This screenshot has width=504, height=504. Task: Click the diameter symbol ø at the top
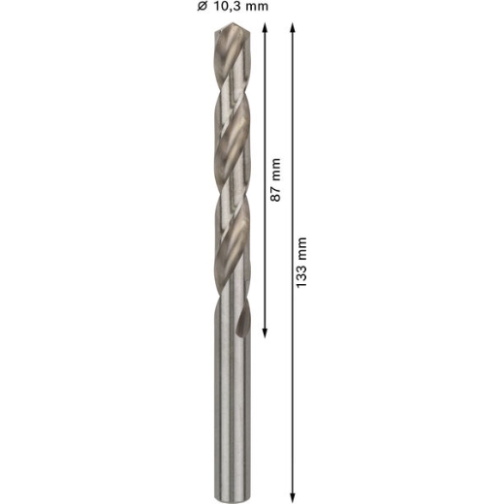pyautogui.click(x=202, y=6)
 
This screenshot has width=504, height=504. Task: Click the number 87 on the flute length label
pyautogui.click(x=275, y=194)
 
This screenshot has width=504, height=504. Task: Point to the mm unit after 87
pyautogui.click(x=275, y=170)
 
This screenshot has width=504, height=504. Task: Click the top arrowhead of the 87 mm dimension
pyautogui.click(x=265, y=28)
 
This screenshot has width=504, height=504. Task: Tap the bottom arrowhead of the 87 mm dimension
pyautogui.click(x=265, y=333)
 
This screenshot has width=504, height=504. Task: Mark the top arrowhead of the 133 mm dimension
pyautogui.click(x=293, y=28)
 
